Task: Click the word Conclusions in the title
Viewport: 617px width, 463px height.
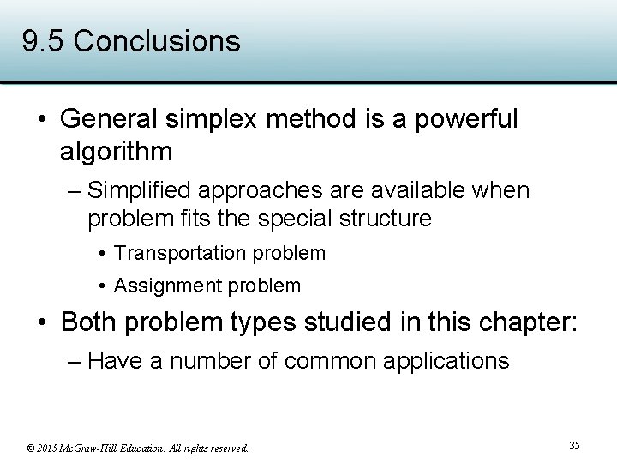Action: tap(157, 41)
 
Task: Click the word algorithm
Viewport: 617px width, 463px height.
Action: tap(116, 152)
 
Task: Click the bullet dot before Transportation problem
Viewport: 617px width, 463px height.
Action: tap(102, 254)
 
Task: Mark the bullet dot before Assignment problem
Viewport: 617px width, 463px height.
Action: tap(102, 286)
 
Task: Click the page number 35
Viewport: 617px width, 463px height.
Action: tap(574, 446)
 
